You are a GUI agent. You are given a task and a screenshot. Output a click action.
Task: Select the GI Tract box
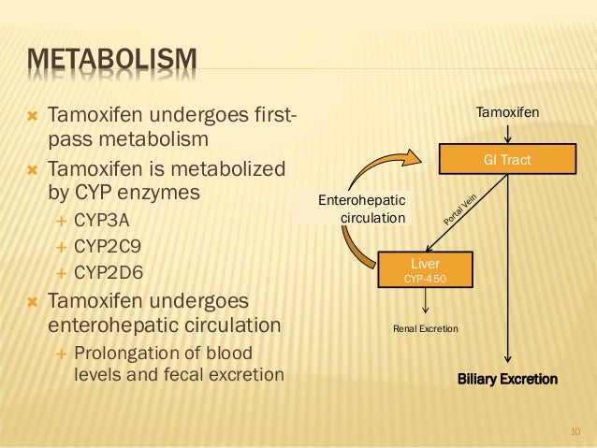[506, 159]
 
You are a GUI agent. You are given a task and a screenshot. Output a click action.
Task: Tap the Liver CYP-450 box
[426, 270]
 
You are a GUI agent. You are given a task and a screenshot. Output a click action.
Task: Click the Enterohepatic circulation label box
[363, 209]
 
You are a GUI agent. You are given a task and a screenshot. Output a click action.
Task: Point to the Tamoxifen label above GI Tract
[508, 112]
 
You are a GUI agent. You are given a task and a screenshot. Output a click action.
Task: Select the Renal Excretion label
[425, 328]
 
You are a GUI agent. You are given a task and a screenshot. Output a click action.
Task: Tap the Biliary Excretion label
[507, 379]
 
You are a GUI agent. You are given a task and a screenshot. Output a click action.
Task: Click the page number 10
[575, 431]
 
